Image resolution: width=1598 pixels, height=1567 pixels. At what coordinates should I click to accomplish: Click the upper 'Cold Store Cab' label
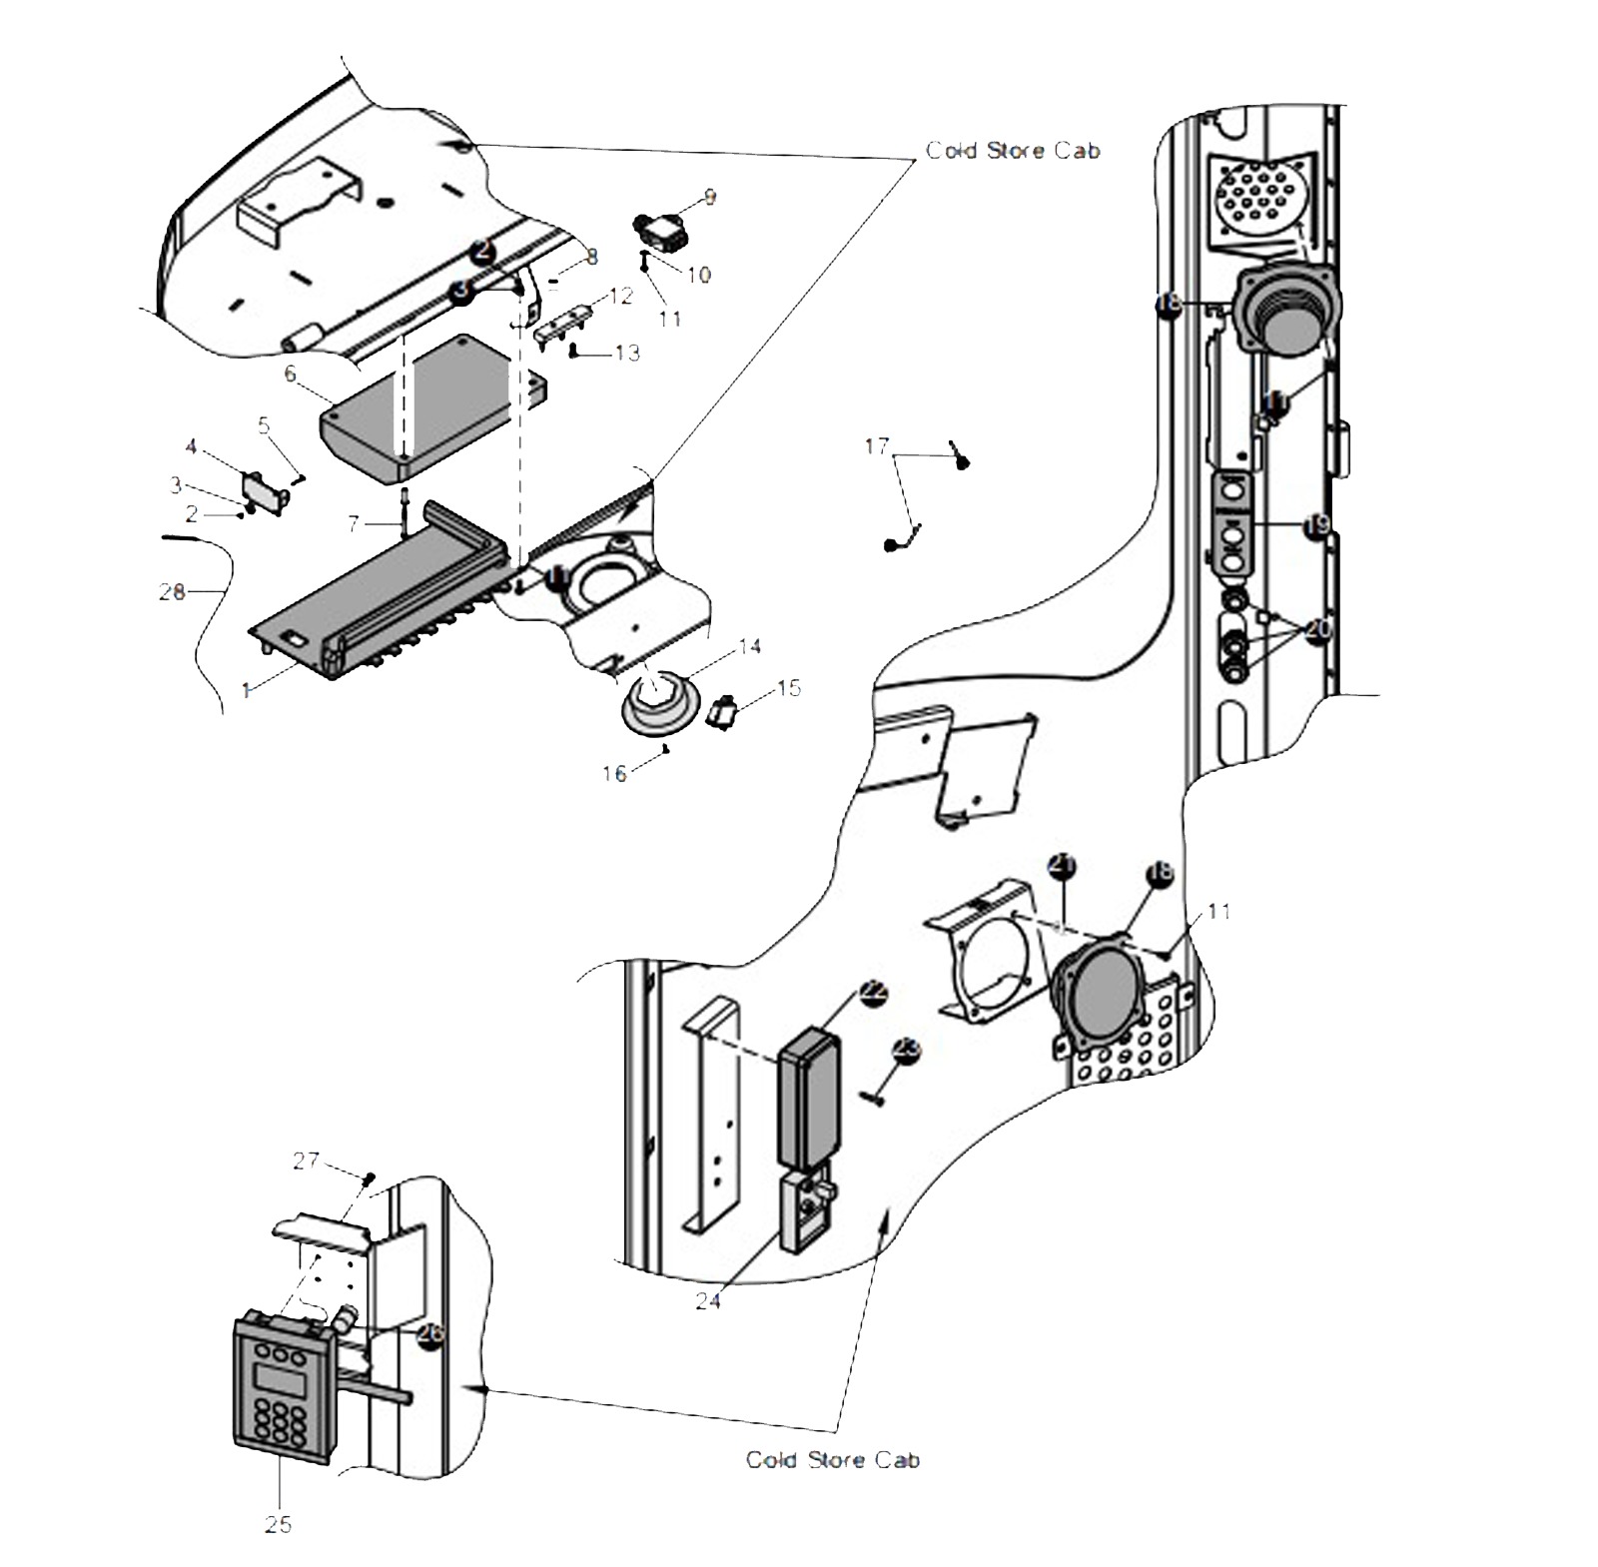[x=1012, y=151]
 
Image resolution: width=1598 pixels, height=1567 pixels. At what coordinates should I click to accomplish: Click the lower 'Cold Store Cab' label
[x=832, y=1459]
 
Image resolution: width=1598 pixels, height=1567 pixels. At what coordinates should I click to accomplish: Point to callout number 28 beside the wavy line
[x=172, y=592]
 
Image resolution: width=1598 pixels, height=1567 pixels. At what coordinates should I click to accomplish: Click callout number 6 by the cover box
[x=291, y=375]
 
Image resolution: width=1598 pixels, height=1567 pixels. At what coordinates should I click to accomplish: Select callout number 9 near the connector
[x=709, y=198]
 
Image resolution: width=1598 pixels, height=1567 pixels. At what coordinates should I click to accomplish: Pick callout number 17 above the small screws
[x=876, y=445]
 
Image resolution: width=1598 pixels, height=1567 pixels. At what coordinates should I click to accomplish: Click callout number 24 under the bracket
[x=707, y=1301]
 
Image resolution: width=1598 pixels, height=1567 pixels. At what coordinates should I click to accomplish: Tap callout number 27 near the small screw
[x=306, y=1160]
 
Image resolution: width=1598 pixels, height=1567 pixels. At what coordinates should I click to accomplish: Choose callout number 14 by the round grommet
[x=749, y=647]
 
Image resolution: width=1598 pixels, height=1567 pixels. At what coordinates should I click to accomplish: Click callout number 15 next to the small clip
[x=788, y=688]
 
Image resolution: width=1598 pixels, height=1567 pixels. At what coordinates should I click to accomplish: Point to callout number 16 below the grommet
[x=614, y=773]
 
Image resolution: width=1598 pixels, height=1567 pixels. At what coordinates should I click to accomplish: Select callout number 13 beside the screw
[x=626, y=354]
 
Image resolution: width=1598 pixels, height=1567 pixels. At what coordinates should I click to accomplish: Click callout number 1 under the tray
[x=246, y=690]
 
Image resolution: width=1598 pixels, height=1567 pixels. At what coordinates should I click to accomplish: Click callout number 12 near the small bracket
[x=621, y=296]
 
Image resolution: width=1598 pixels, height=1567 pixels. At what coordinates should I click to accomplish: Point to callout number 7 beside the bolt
[x=353, y=523]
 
